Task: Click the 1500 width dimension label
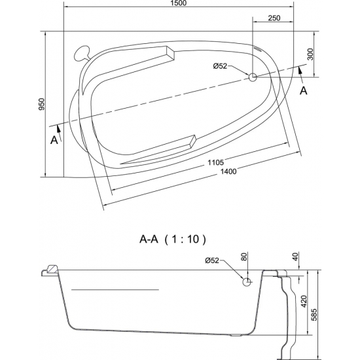[179, 5]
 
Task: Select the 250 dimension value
[274, 18]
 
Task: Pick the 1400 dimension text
[228, 171]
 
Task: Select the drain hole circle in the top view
[253, 77]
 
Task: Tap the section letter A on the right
[303, 91]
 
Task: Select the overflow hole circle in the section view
[247, 282]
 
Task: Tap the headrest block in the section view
[50, 270]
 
